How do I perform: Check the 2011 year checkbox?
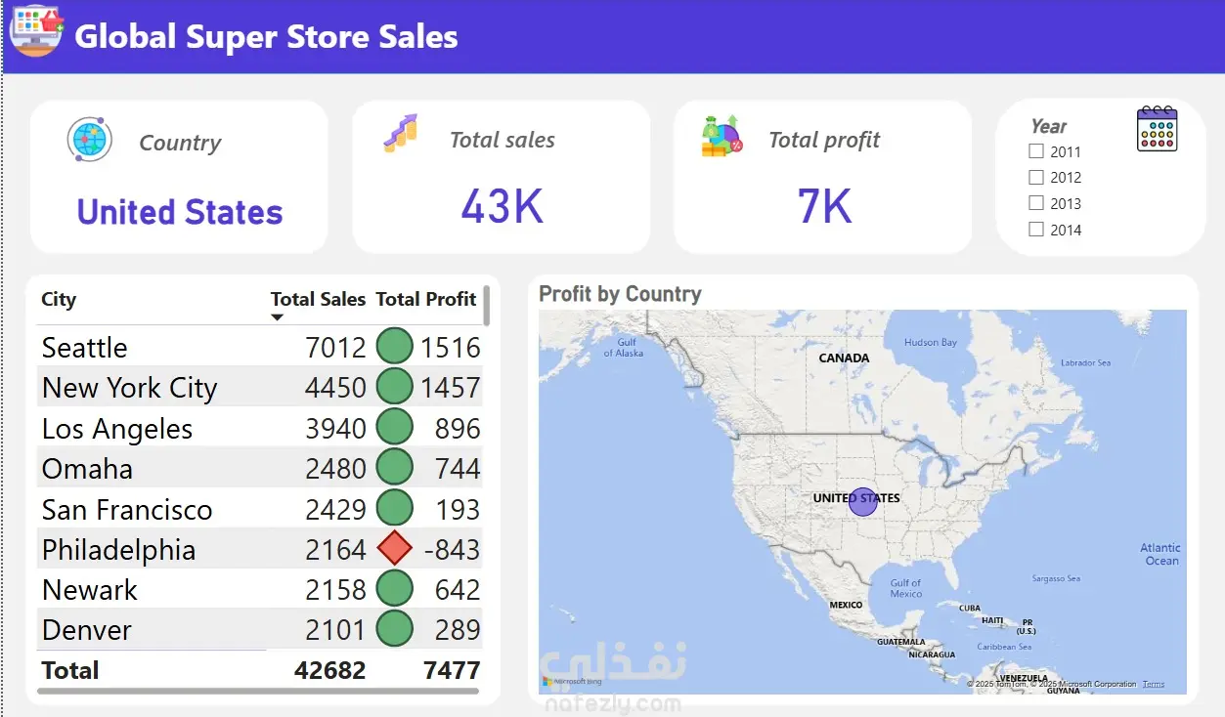(x=1036, y=151)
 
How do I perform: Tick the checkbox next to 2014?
(x=1036, y=230)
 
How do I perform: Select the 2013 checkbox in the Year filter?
(x=1036, y=203)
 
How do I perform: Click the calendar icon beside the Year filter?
(x=1158, y=129)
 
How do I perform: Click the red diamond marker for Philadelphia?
(x=394, y=549)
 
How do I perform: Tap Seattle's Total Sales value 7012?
(x=335, y=348)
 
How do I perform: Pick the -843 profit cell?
(x=452, y=550)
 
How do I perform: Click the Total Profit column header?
(x=426, y=299)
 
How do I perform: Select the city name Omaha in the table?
(x=87, y=469)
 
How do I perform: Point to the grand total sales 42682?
(x=329, y=670)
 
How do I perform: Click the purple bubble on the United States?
(x=862, y=502)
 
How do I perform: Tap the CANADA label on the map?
(x=844, y=358)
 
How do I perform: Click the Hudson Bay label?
(x=930, y=343)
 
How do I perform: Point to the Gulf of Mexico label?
(x=905, y=588)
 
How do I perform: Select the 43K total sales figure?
(x=502, y=206)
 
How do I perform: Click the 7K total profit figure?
(x=824, y=206)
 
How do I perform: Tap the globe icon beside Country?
(x=89, y=140)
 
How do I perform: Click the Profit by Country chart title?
(x=620, y=294)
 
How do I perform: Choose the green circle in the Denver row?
(x=394, y=630)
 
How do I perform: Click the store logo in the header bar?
(x=36, y=29)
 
